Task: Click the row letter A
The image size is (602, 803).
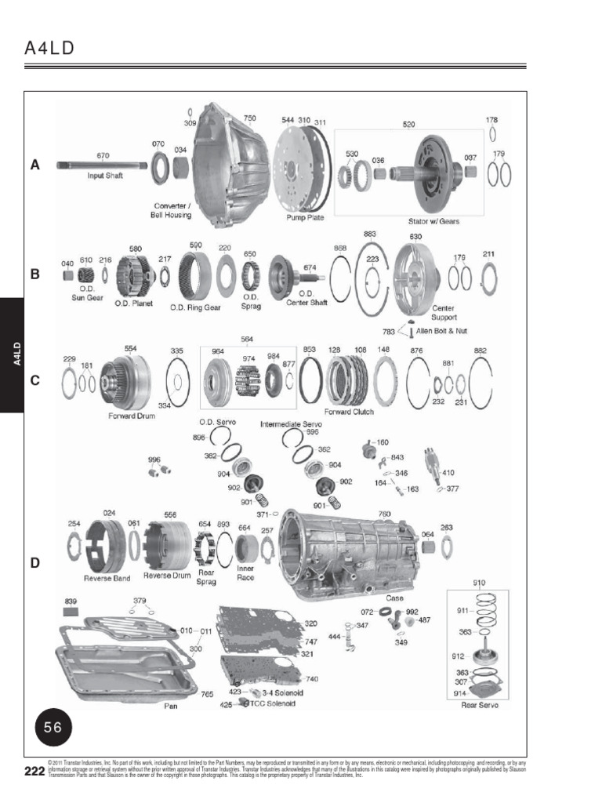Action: click(x=34, y=165)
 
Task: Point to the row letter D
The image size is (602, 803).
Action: click(x=34, y=562)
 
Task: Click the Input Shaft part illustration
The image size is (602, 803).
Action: click(x=102, y=165)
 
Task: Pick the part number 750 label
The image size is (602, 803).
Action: click(x=249, y=119)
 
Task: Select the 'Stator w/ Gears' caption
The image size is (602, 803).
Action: click(x=433, y=221)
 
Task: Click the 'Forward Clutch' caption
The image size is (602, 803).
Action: click(x=349, y=411)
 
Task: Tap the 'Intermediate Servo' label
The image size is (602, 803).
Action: click(x=292, y=423)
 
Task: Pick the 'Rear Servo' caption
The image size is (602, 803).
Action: click(x=480, y=705)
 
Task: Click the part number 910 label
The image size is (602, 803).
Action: click(x=479, y=583)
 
